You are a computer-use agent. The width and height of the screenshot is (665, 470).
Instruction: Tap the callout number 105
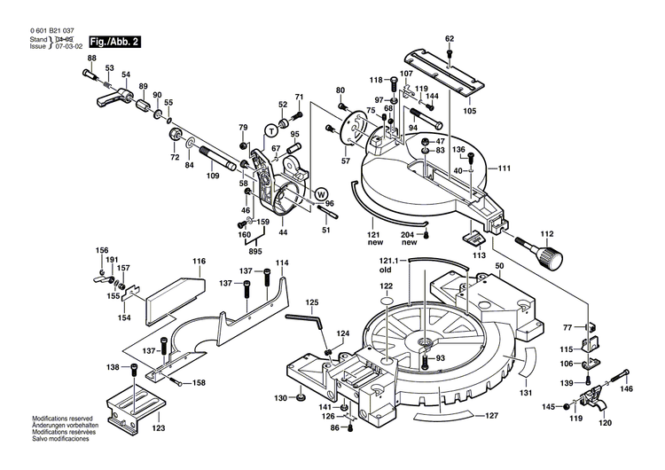tap(469, 111)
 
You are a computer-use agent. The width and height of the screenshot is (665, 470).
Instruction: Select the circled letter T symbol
tap(271, 129)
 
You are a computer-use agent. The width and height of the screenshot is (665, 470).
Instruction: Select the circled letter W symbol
tap(321, 193)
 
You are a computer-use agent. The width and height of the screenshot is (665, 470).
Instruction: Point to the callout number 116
tap(199, 262)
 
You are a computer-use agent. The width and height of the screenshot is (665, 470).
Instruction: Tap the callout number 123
tap(158, 428)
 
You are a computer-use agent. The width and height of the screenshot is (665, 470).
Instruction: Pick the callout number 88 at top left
tap(90, 59)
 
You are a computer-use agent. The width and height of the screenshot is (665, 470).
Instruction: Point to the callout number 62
tap(450, 38)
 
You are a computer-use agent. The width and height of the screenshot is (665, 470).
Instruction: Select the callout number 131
tap(526, 393)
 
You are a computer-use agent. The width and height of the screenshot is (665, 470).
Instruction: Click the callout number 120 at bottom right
tap(605, 423)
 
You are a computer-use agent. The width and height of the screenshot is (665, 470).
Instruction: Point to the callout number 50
tap(499, 266)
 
